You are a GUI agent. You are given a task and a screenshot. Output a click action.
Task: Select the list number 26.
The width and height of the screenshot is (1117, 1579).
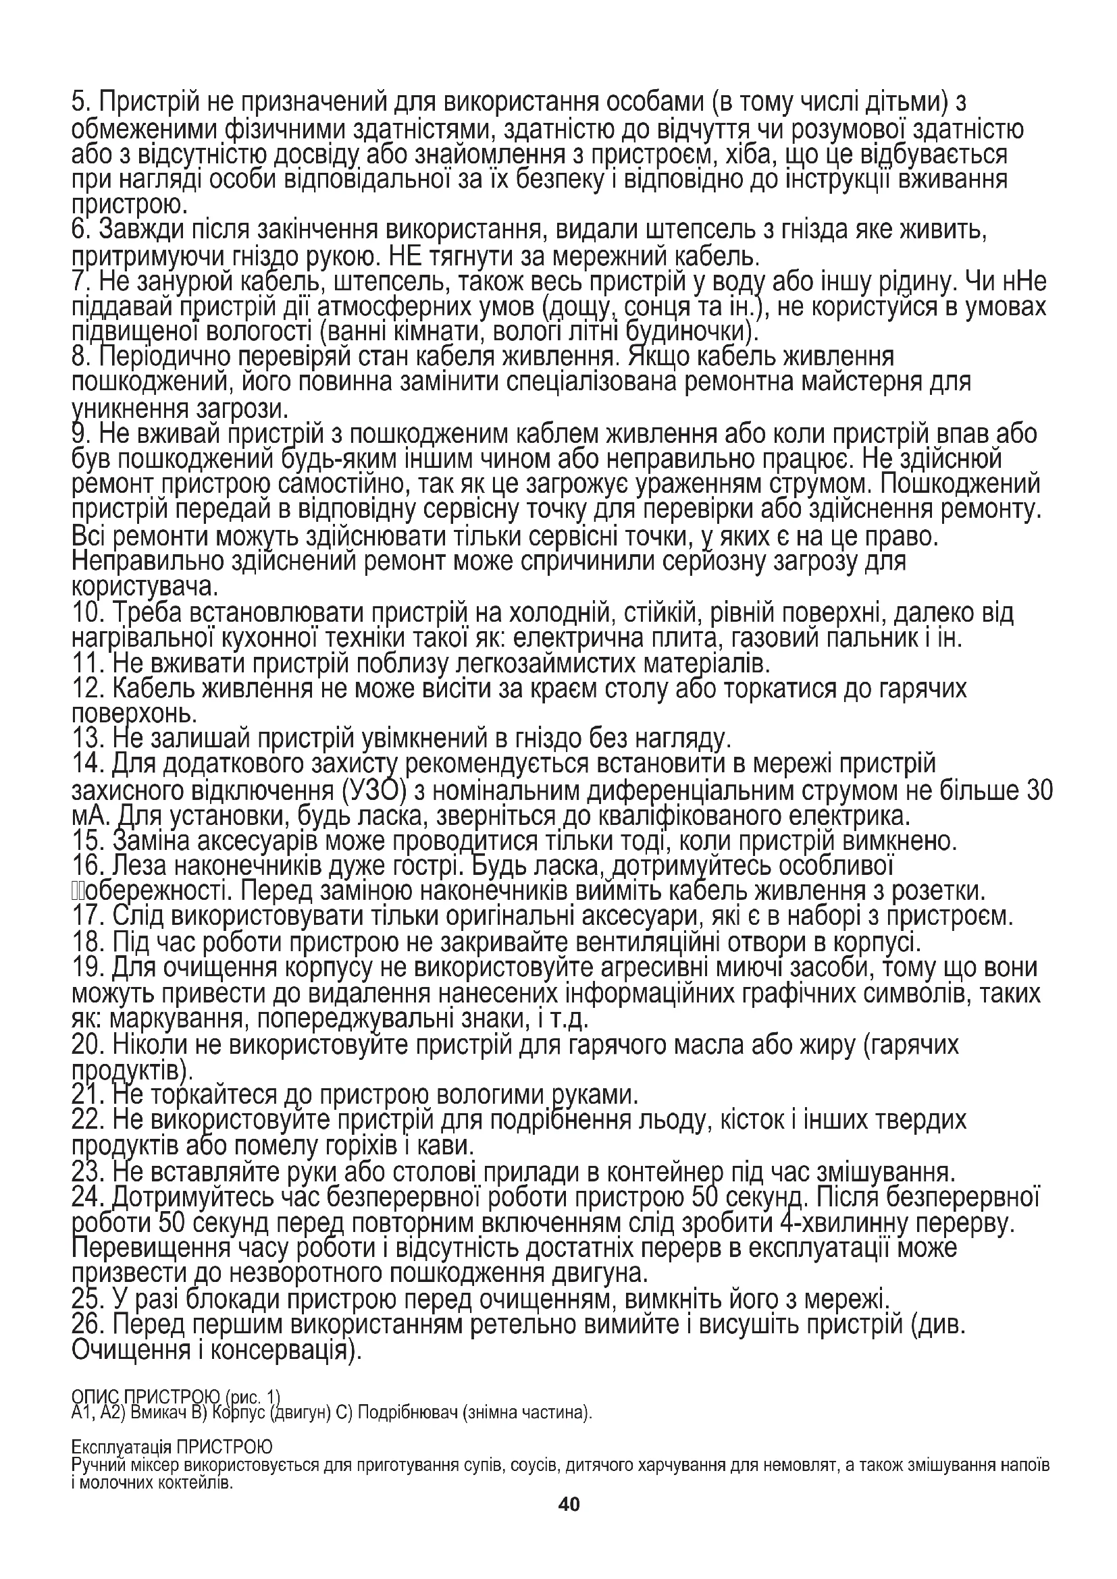click(x=88, y=1324)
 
